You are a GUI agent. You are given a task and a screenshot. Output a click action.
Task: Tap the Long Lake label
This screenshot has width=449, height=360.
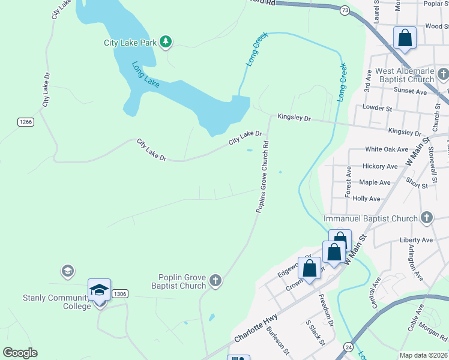[x=145, y=75]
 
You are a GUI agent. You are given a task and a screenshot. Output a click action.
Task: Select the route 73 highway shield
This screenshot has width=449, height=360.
[x=344, y=10]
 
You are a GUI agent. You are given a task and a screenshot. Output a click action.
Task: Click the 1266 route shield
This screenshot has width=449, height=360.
[x=25, y=122]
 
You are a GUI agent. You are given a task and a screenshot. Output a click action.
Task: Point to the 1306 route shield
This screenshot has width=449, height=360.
[x=120, y=293]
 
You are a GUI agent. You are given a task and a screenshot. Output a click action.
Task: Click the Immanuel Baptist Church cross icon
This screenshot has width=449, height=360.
[x=426, y=217]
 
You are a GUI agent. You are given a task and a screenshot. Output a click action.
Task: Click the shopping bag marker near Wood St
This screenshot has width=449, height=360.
[x=405, y=38]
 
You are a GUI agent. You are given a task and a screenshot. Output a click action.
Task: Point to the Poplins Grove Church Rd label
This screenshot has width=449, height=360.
[x=264, y=177]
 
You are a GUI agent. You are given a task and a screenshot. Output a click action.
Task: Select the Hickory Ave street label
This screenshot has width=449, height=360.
[x=380, y=166]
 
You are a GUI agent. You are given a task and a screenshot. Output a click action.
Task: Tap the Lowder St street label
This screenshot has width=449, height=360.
[x=377, y=108]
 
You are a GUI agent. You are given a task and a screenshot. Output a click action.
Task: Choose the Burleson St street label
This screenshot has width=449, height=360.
[x=278, y=343]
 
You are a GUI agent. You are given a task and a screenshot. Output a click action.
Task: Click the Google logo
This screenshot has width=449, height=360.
[x=20, y=353]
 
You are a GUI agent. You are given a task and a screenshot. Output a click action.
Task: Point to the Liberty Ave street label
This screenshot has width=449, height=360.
[x=416, y=240]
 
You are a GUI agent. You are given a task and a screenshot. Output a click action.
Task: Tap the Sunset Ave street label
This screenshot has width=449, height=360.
[x=410, y=91]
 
